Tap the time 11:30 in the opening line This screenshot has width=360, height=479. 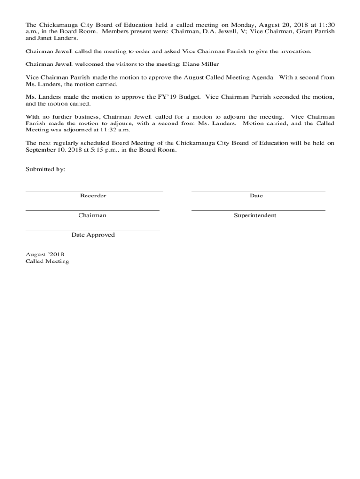[326, 24]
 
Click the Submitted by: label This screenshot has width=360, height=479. [45, 169]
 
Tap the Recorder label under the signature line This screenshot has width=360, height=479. [93, 196]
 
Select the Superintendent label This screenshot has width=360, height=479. [255, 215]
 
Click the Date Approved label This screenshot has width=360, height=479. [93, 235]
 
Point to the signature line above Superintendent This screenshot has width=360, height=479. [258, 210]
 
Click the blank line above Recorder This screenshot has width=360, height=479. [94, 191]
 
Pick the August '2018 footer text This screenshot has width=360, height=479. [44, 254]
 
